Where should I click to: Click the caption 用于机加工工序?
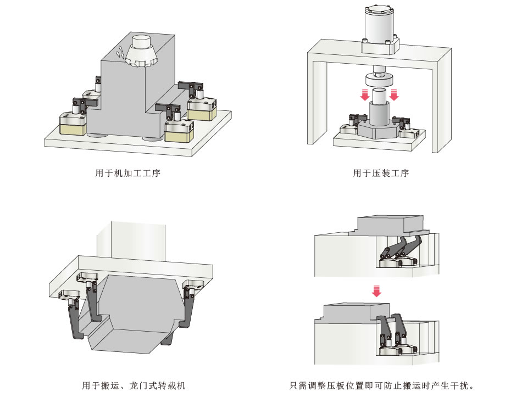coord(128,173)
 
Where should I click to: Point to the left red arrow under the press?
coord(364,96)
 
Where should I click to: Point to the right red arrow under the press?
coord(393,96)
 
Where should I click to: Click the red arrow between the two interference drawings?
coord(376,290)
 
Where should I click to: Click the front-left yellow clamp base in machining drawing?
coord(72,126)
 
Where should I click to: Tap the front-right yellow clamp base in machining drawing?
coord(179,132)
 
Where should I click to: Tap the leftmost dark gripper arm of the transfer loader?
coord(74,321)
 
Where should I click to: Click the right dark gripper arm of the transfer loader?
coord(190,310)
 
